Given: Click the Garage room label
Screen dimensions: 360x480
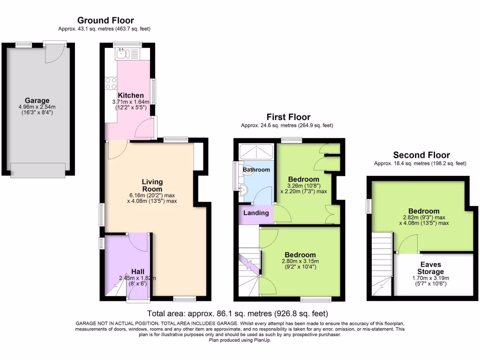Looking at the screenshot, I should click(37, 100).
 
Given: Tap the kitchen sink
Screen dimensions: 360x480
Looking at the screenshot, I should click(123, 53).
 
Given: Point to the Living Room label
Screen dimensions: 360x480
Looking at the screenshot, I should click(152, 185).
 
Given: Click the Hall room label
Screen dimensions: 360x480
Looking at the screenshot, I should click(137, 271).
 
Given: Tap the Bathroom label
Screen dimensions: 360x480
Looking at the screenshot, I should click(256, 170).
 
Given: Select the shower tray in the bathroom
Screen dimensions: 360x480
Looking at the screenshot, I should click(257, 152).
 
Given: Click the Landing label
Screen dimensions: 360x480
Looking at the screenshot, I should click(256, 213).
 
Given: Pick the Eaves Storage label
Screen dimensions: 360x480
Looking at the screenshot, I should click(431, 268).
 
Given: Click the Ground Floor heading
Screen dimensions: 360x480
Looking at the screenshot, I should click(105, 20).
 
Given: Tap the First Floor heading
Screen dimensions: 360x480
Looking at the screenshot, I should click(288, 117).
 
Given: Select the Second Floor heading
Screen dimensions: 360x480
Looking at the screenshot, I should click(421, 155).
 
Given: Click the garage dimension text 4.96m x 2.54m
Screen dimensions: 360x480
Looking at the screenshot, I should click(37, 107).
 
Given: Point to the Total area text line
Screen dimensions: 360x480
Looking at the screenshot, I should click(237, 314).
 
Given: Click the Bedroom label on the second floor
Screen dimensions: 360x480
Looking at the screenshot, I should click(423, 211).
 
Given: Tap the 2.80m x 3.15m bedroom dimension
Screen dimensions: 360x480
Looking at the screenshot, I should click(300, 261).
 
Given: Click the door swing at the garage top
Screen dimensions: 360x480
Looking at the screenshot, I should click(52, 54).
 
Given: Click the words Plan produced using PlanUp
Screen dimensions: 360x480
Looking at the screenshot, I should click(240, 340).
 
